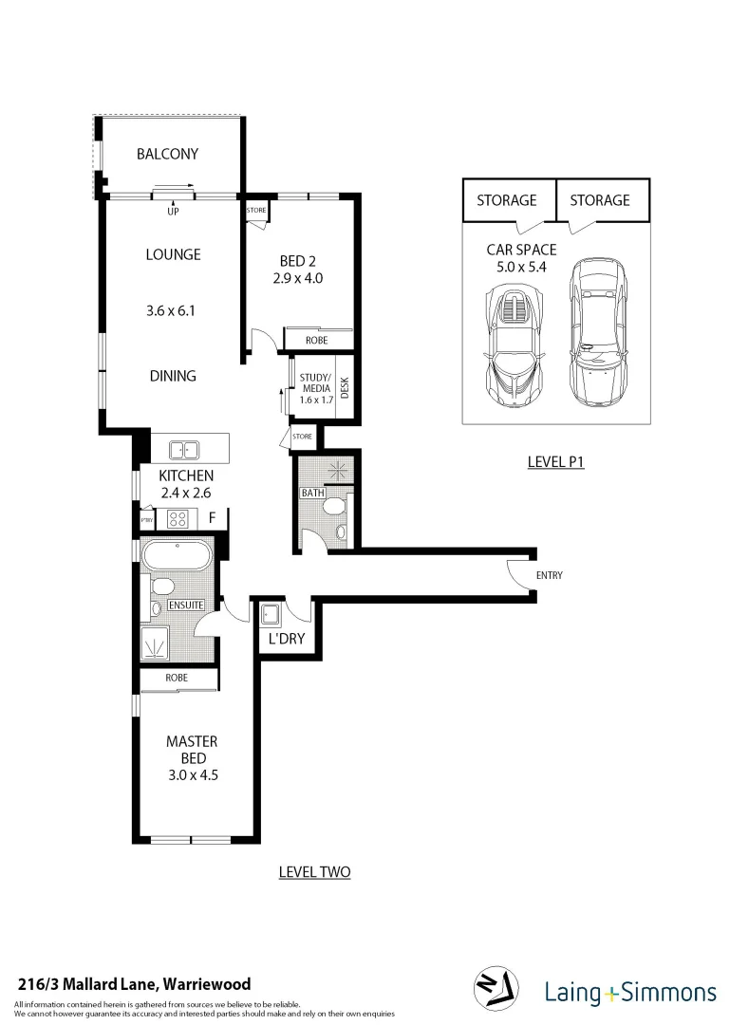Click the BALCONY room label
point(167,154)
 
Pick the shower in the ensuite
point(155,643)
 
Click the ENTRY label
point(550,576)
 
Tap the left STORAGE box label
point(506,200)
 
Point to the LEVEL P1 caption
point(555,462)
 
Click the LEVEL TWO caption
point(314,872)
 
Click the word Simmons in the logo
point(670,993)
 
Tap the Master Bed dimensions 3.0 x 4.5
point(193,774)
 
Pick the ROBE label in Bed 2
point(318,340)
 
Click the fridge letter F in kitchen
point(213,518)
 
